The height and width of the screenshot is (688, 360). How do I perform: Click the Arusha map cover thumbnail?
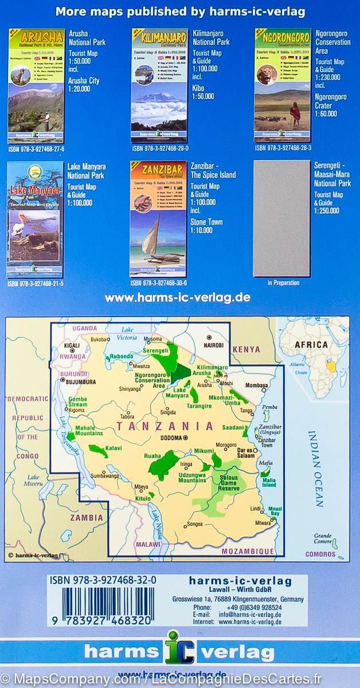36,85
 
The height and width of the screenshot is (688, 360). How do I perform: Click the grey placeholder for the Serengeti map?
281,219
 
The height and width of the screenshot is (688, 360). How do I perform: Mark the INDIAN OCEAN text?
315,467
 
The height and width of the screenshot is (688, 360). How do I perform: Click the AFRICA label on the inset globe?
311,345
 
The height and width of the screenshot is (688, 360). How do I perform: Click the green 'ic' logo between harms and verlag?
180,648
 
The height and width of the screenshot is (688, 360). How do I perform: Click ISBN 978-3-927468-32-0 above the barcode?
99,581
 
